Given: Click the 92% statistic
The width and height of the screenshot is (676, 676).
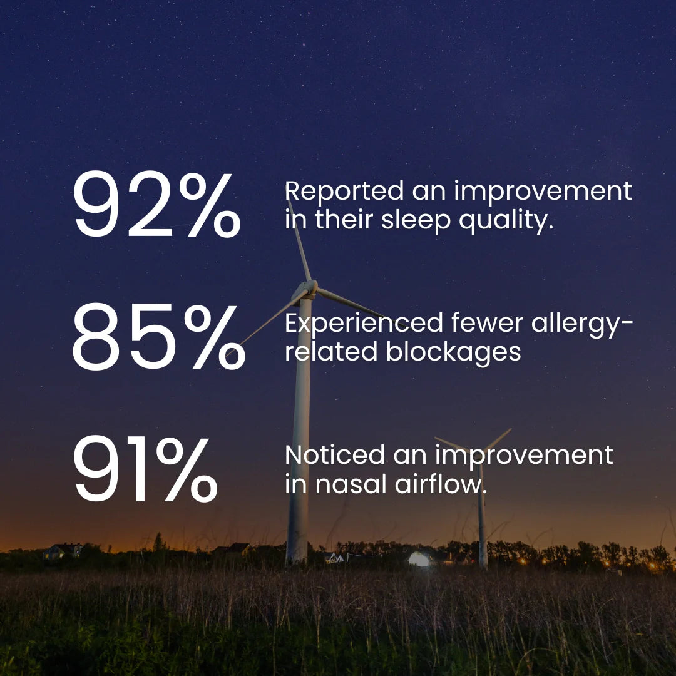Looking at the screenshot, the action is point(156,203).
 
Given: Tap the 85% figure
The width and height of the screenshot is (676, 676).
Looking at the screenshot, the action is point(158,336).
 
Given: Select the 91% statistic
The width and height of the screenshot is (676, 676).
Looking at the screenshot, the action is point(145,468).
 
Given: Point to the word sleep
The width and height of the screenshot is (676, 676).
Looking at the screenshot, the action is point(416,221).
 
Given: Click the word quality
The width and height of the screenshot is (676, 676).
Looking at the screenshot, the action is point(506,221).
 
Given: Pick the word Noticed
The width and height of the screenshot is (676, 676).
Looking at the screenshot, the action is point(334,455).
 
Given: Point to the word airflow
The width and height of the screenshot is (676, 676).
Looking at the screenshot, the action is point(441,484).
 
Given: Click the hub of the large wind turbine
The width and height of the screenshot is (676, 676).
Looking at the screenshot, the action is point(308,288).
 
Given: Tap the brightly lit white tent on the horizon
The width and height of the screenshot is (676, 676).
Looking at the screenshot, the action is point(419,559).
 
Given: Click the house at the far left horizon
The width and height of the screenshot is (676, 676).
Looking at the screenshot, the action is point(63,551).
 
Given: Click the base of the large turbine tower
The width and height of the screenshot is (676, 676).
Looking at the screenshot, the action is point(297,556).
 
